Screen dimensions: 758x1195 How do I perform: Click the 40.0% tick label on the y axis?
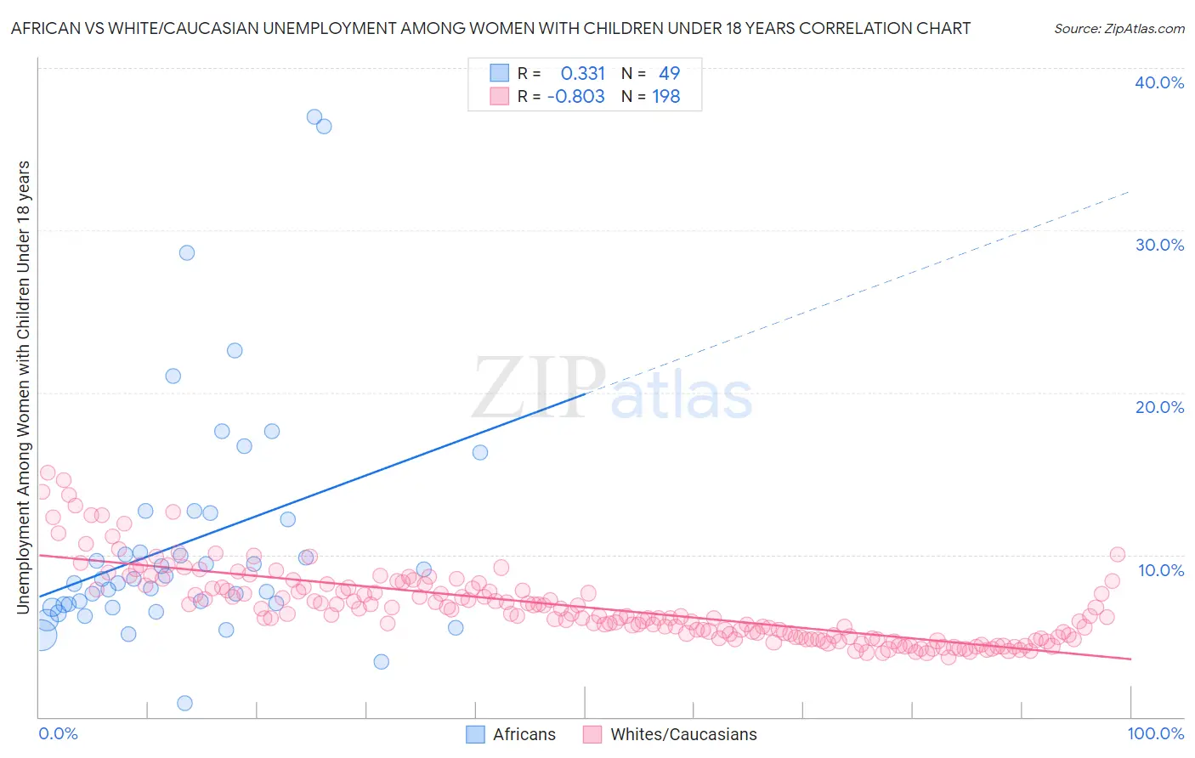1159,82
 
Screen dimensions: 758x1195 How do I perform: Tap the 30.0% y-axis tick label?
1159,245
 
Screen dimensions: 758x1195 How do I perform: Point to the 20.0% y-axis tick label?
1159,407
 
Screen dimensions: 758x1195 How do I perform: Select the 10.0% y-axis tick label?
1159,569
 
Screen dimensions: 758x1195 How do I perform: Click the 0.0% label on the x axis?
58,733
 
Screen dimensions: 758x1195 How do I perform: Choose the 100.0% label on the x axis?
1155,733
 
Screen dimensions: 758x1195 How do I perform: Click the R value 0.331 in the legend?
582,73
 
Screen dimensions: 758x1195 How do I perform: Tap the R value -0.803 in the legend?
575,97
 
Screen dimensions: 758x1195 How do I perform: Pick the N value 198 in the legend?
665,97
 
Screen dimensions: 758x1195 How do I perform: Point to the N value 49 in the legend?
669,73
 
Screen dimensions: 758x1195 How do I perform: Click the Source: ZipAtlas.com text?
1119,28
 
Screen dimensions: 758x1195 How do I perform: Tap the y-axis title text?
23,387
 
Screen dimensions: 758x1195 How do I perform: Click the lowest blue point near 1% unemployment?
184,703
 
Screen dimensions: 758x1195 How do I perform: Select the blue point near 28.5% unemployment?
187,252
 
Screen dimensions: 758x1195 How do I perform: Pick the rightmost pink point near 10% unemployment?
1118,554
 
